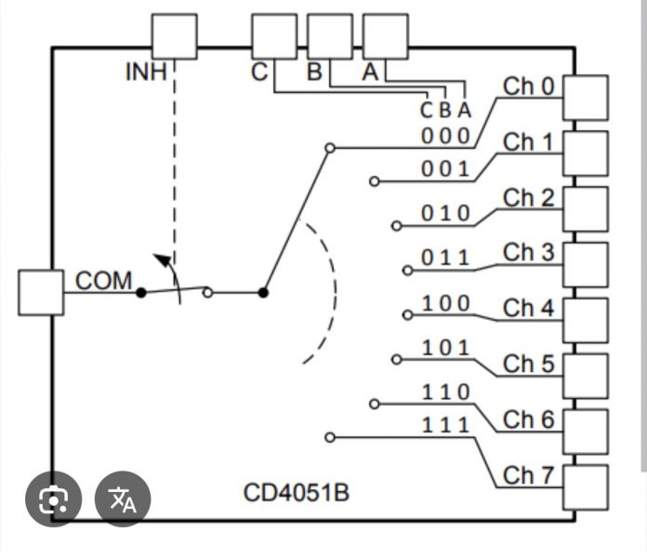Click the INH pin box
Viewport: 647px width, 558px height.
(x=174, y=37)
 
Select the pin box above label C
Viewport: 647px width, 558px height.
(x=274, y=37)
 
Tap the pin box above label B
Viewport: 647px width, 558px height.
(x=330, y=37)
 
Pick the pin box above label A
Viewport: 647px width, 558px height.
(x=385, y=37)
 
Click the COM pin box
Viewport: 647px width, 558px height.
(x=41, y=292)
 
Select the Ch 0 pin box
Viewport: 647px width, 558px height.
(x=586, y=98)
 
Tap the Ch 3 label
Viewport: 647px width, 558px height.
(x=528, y=253)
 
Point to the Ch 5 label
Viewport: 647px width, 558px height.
(x=528, y=364)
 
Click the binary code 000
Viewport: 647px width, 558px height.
(x=445, y=136)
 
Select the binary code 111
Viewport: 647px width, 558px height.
(x=446, y=426)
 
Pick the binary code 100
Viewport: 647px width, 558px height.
(x=446, y=303)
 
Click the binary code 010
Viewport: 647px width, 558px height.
(x=446, y=214)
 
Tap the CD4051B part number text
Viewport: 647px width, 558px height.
(x=297, y=491)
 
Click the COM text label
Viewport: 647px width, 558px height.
(x=103, y=281)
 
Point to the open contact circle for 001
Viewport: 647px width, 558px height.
(x=375, y=181)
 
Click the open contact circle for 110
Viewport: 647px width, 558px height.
(x=375, y=404)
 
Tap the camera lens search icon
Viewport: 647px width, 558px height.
(x=54, y=500)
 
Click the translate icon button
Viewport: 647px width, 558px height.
(x=123, y=500)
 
